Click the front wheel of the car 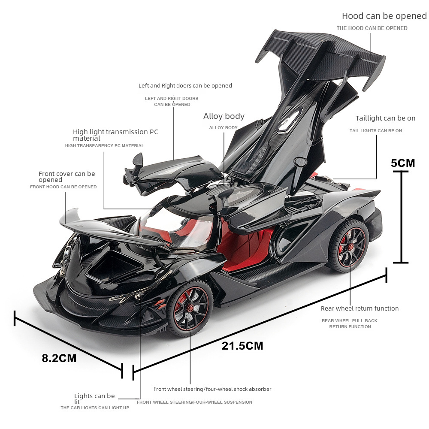coord(190,308)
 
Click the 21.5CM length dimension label coord(242,346)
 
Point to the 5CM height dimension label coord(403,163)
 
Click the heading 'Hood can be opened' coord(384,16)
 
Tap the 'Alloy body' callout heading coord(224,116)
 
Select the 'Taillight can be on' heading coord(385,118)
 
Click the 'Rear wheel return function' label coord(360,308)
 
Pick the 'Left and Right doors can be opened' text coord(185,86)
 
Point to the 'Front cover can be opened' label coord(66,176)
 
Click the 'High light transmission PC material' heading coord(115,135)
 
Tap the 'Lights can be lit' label coord(94,399)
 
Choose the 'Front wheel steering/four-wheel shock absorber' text coord(212,389)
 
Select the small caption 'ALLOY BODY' coord(223,128)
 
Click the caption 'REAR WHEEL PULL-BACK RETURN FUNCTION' coord(350,323)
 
